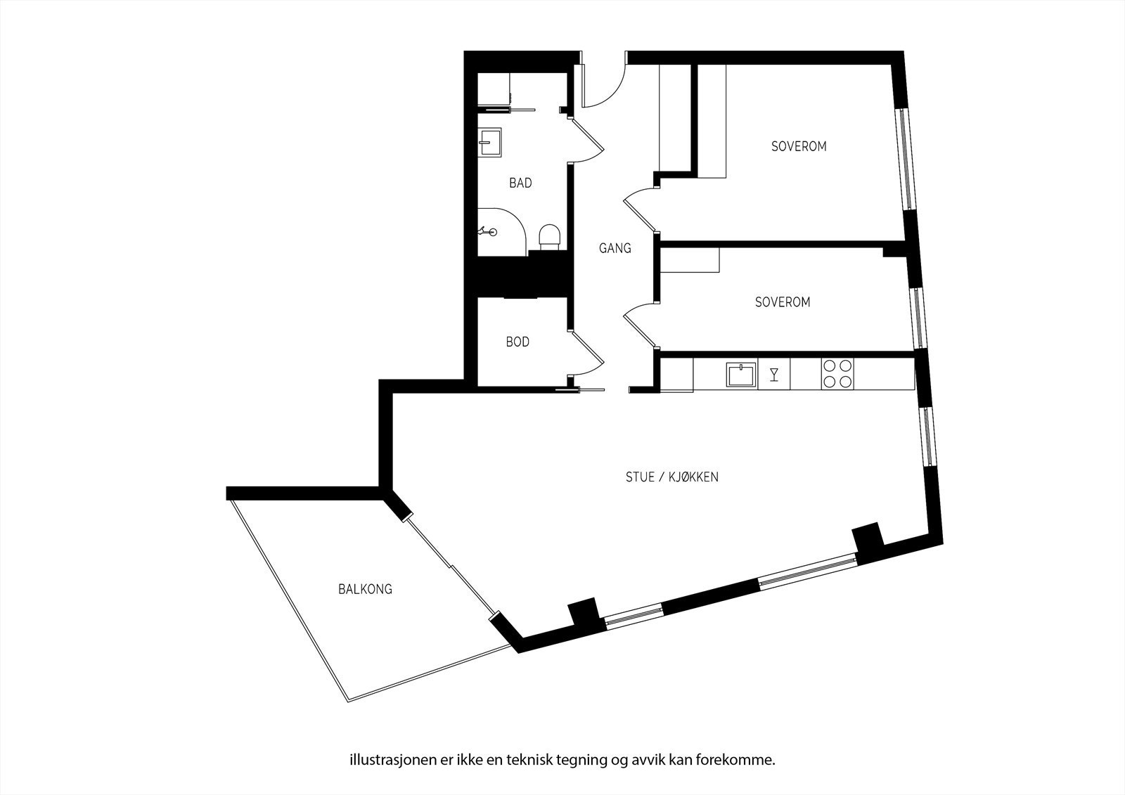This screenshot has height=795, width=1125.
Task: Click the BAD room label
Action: point(520,183)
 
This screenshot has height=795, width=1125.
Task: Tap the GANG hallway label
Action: point(615,248)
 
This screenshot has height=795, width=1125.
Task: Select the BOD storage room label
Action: point(517,342)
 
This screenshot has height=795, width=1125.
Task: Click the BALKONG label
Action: point(365,589)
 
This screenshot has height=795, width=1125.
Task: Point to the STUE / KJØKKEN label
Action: point(671,477)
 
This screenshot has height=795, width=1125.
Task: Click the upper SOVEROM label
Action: point(799,147)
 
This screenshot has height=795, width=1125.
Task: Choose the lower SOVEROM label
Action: point(783,302)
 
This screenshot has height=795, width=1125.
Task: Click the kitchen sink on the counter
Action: point(742,374)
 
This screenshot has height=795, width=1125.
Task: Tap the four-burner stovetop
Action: point(837,374)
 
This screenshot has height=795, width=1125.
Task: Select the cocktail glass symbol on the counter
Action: point(774,374)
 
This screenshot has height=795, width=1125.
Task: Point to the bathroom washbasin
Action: point(489,142)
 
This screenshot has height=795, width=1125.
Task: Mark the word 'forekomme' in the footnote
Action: point(746,740)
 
